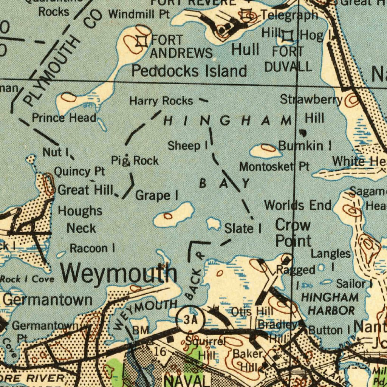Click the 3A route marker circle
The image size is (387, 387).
coord(190,320)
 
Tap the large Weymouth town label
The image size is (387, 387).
coord(119,273)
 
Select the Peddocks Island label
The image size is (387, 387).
coord(189,71)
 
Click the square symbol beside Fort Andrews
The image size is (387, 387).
coord(142,41)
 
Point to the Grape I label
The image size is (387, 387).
coord(156,195)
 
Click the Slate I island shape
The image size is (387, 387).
coord(214,224)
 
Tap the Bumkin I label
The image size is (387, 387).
coord(305,145)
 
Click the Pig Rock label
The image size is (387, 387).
coord(135,161)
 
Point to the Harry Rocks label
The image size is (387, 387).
coord(161,101)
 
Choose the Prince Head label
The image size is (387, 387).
coord(64,118)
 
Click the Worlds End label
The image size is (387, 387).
coord(297,205)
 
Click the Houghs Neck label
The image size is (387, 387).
coord(80,220)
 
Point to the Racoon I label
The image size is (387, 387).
coord(92,248)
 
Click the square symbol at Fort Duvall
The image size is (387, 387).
coord(288,36)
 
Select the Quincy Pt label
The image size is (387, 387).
coord(79,172)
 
